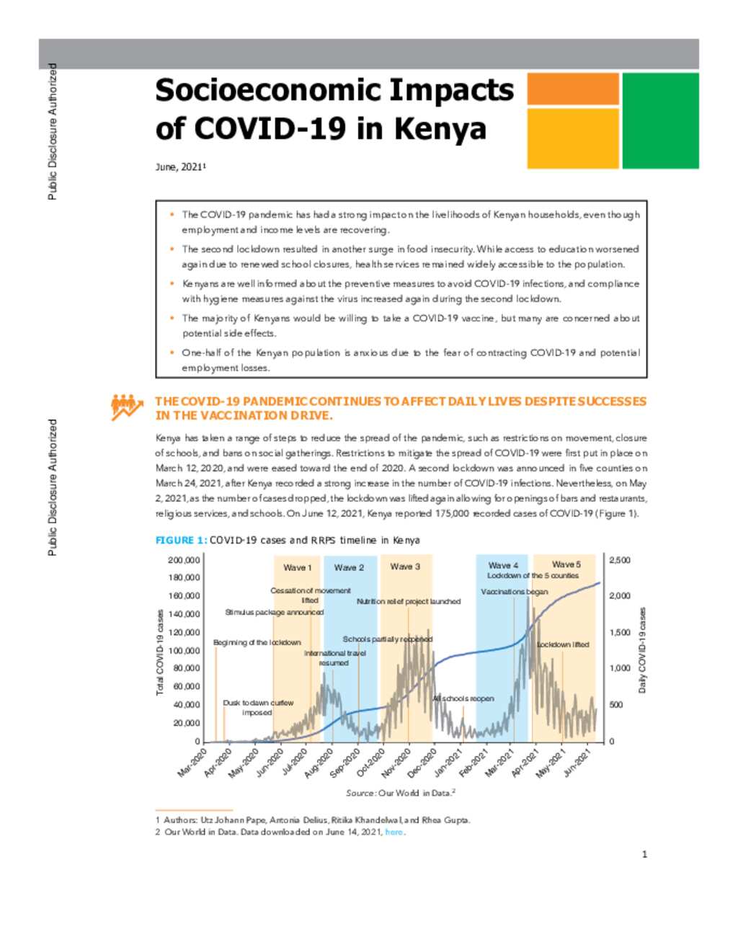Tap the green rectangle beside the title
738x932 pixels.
click(x=660, y=120)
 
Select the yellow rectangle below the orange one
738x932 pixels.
click(x=572, y=138)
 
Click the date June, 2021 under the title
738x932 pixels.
click(x=180, y=167)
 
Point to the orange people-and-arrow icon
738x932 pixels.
click(x=127, y=407)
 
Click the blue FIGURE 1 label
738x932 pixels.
click(x=182, y=540)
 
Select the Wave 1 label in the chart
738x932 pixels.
click(x=297, y=567)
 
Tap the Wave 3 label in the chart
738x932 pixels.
click(x=405, y=567)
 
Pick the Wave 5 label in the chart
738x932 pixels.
click(x=566, y=564)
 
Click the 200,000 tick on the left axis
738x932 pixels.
click(x=184, y=560)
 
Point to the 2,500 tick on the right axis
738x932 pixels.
click(x=620, y=560)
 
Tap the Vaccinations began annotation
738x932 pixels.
click(x=514, y=592)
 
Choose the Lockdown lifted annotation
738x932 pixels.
click(x=563, y=644)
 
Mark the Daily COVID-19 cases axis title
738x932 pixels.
click(x=642, y=649)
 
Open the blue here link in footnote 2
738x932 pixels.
click(x=394, y=832)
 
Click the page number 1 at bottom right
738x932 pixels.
click(x=644, y=854)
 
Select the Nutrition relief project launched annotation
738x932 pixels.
click(x=409, y=602)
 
